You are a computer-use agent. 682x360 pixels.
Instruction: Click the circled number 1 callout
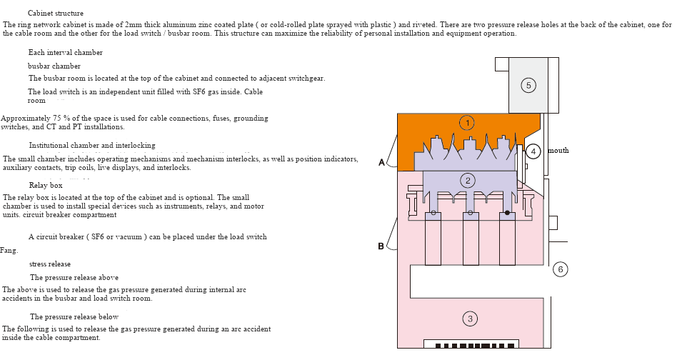point(467,123)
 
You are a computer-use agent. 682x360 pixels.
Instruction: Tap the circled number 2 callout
point(468,181)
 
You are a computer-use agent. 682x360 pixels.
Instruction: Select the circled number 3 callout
point(470,319)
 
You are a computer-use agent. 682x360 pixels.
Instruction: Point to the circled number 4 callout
point(533,151)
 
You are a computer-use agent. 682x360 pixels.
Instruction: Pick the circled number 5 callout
point(528,86)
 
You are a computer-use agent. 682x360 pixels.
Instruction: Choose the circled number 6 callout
point(561,269)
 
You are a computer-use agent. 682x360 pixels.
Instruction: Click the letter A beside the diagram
point(381,163)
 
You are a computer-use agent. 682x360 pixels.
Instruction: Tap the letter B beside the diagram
point(381,246)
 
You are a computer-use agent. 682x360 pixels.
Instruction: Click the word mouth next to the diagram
point(558,151)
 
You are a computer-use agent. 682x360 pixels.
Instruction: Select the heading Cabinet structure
point(56,14)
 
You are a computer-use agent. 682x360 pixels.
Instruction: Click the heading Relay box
point(46,186)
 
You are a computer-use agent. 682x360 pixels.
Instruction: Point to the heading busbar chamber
point(54,66)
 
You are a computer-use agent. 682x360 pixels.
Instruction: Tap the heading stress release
point(50,264)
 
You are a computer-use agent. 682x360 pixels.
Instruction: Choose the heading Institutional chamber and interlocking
point(92,146)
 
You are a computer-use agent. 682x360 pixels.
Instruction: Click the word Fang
point(9,251)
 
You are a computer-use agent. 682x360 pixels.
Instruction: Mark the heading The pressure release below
point(74,316)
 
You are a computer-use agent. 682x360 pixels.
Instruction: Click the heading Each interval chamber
point(66,53)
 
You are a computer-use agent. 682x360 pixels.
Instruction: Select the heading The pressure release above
point(74,277)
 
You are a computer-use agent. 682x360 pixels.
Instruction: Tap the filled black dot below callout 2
point(508,212)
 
